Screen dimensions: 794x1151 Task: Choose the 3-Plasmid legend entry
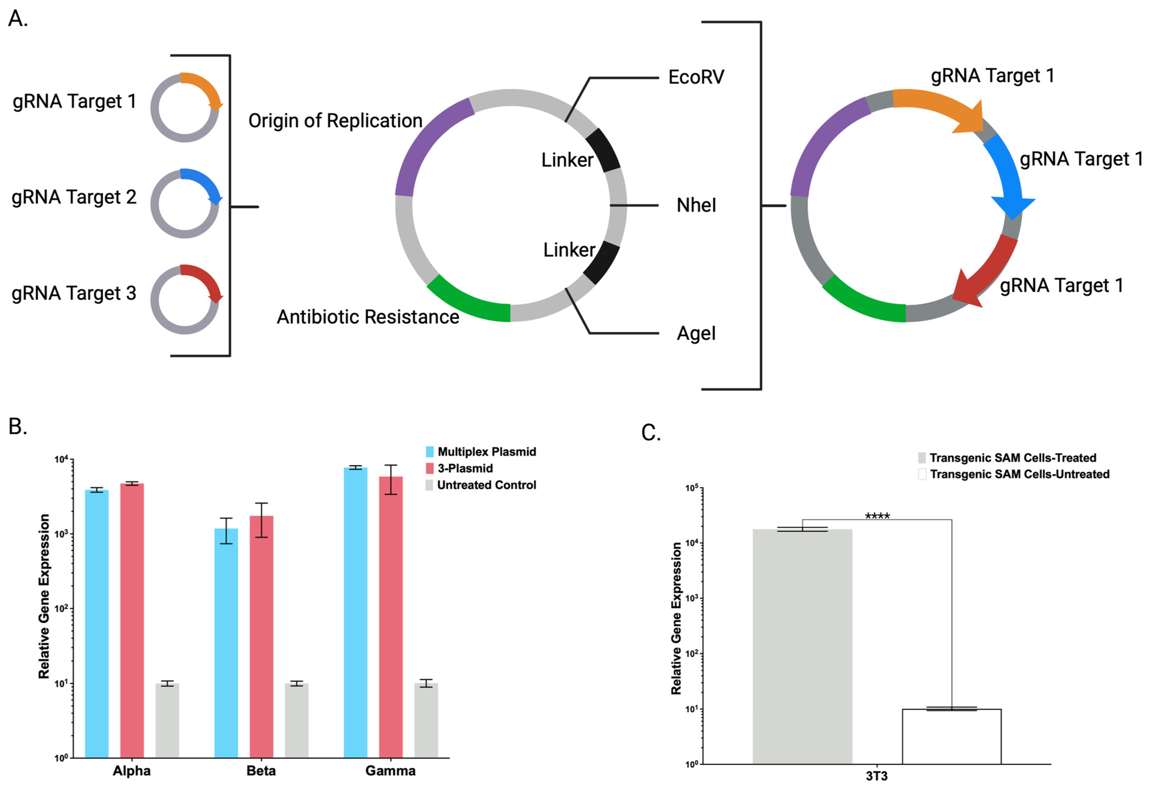click(465, 468)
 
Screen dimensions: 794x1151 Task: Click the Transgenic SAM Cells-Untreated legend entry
click(1019, 474)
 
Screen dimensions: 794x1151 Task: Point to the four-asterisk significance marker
click(877, 516)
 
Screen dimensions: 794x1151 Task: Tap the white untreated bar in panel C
click(951, 736)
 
